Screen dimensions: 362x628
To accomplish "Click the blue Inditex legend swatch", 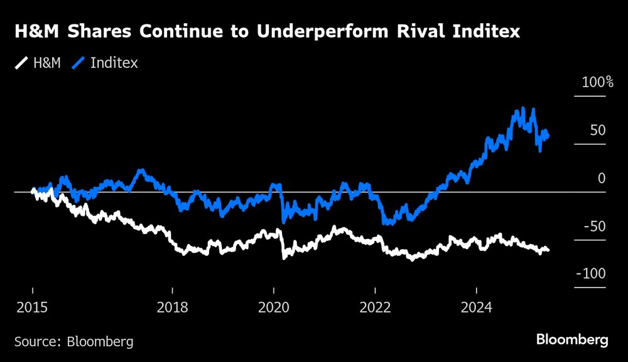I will pos(80,63).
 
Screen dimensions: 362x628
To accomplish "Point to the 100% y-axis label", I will pos(597,82).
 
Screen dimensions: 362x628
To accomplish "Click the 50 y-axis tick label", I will pos(597,130).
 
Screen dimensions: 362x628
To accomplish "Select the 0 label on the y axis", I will pos(601,178).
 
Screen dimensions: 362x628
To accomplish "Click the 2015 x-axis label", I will pos(32,307).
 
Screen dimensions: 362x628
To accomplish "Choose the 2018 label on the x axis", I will pos(173,307).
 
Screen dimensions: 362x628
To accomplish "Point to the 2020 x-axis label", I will pos(274,307).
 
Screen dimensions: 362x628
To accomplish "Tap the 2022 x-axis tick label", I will pos(375,307).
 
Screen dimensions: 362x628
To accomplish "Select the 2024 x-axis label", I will pos(476,307).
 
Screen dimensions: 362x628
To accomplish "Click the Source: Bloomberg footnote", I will pos(73,342).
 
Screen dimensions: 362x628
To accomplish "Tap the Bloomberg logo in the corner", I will pos(572,340).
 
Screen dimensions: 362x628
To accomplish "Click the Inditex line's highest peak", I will pos(533,110).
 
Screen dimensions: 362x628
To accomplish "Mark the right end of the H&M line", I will pos(548,250).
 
